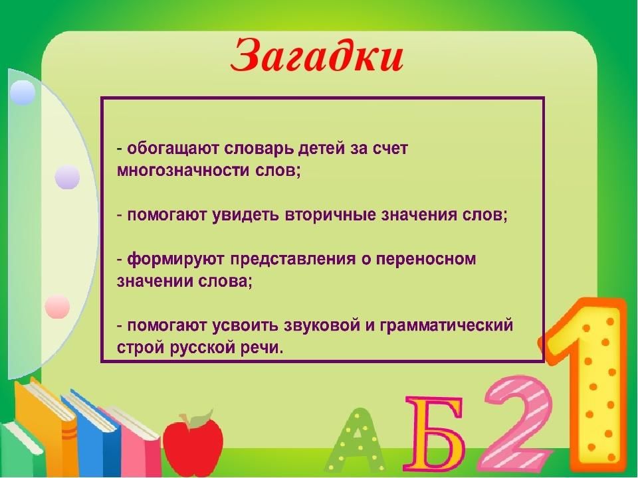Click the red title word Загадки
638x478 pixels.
(x=317, y=56)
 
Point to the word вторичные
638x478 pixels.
(x=330, y=215)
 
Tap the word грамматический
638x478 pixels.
(x=446, y=326)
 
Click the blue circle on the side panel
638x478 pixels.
(x=23, y=93)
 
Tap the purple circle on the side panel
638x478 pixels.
(x=67, y=177)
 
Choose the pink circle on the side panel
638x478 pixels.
(x=57, y=307)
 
